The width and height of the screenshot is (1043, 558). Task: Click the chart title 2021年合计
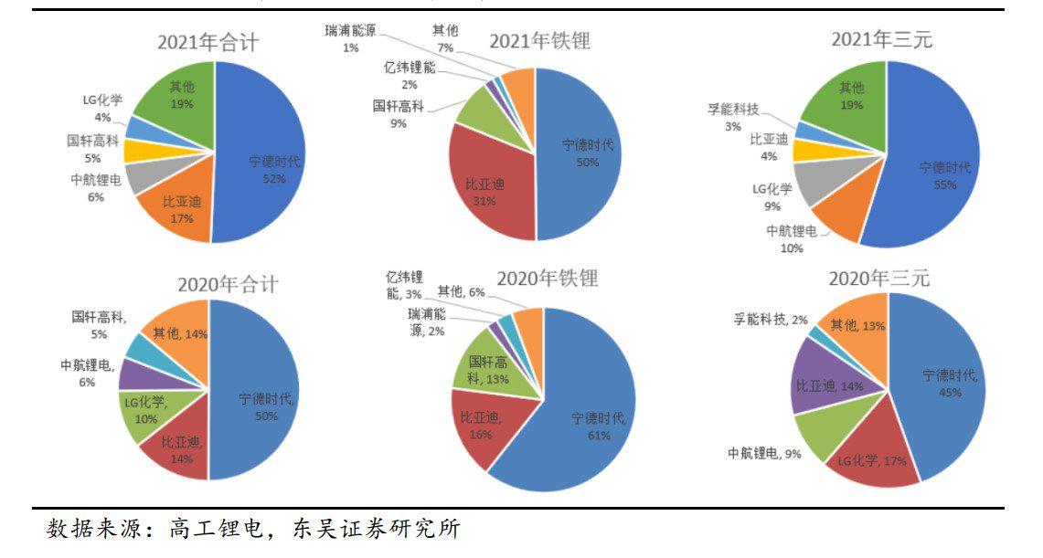(208, 43)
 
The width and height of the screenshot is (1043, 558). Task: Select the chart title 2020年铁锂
(547, 278)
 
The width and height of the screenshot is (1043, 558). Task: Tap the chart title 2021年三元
(881, 40)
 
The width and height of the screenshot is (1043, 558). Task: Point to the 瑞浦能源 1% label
(350, 38)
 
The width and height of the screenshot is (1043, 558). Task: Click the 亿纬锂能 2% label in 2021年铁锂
(410, 75)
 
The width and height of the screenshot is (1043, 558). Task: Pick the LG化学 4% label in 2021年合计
(102, 108)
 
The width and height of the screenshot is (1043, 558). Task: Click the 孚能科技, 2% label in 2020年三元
(773, 319)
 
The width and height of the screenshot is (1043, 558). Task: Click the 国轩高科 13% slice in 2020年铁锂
(484, 370)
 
